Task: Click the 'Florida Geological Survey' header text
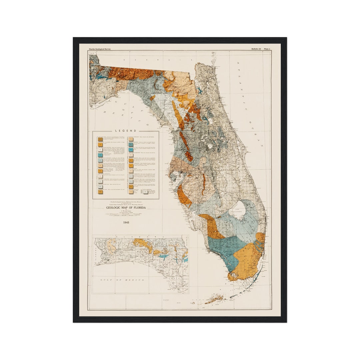[x=100, y=49]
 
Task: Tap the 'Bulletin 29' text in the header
[x=256, y=49]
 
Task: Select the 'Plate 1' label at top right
[x=267, y=49]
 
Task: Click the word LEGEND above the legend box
[x=125, y=131]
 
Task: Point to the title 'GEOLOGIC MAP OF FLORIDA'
[x=126, y=208]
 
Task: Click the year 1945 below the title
[x=126, y=222]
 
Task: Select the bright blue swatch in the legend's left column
[x=100, y=161]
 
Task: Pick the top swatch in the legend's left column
[x=100, y=139]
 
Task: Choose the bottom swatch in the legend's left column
[x=100, y=192]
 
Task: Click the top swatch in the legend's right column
[x=131, y=139]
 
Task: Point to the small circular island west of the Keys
[x=193, y=303]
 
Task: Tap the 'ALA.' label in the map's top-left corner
[x=92, y=53]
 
